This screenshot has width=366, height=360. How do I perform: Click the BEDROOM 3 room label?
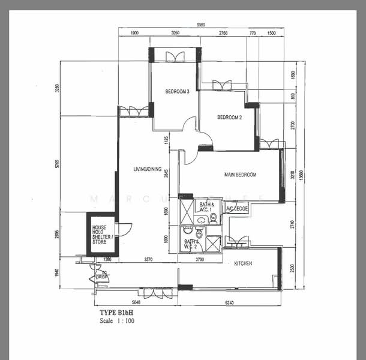[178, 92]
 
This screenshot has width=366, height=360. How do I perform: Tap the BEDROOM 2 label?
[229, 118]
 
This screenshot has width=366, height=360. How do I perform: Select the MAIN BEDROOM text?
[240, 175]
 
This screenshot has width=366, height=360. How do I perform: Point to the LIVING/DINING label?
[147, 170]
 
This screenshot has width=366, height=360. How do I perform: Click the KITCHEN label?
[243, 263]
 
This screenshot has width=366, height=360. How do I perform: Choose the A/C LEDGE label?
[237, 208]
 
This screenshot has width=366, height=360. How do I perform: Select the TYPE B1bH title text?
[116, 313]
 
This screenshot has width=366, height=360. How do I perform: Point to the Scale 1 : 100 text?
[117, 321]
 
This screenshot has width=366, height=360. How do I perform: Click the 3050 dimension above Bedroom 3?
[175, 33]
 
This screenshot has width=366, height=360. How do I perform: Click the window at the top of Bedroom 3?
[175, 56]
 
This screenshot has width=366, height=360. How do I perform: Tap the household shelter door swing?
[124, 229]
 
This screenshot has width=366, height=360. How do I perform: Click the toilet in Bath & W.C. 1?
[213, 217]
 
